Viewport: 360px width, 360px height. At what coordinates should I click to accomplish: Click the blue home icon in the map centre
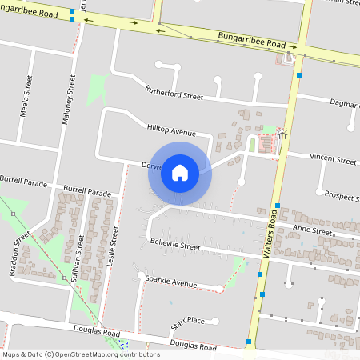click(180, 173)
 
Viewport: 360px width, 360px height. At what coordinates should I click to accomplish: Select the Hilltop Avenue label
click(171, 130)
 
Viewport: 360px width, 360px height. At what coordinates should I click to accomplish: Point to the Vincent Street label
click(333, 160)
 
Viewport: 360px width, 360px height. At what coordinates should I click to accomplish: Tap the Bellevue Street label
click(174, 246)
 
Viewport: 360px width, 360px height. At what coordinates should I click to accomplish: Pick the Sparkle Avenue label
click(170, 283)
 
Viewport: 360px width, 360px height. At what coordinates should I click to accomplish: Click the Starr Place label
click(188, 321)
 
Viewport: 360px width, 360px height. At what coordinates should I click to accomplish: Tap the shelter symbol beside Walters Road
click(282, 134)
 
